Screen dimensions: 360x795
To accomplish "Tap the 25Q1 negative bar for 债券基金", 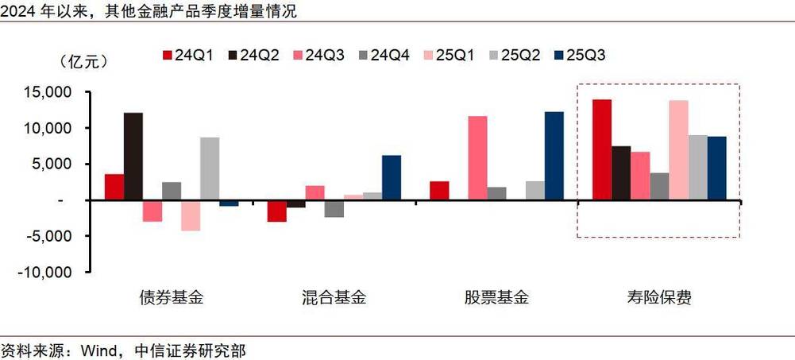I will click(x=191, y=215).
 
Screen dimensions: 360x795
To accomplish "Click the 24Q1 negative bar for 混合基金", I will click(x=277, y=211).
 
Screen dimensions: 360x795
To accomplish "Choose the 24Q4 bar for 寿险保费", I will click(x=659, y=186).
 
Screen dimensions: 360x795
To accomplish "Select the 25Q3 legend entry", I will click(x=579, y=55).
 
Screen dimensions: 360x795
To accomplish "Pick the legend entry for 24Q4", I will click(x=384, y=55).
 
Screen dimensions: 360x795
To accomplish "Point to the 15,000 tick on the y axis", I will click(x=50, y=93).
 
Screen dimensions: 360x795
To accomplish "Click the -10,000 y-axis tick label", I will click(x=47, y=273).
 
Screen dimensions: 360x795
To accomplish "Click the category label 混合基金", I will click(x=334, y=299).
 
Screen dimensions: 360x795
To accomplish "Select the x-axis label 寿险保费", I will click(x=659, y=299).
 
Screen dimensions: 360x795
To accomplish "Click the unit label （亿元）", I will click(x=84, y=61).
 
